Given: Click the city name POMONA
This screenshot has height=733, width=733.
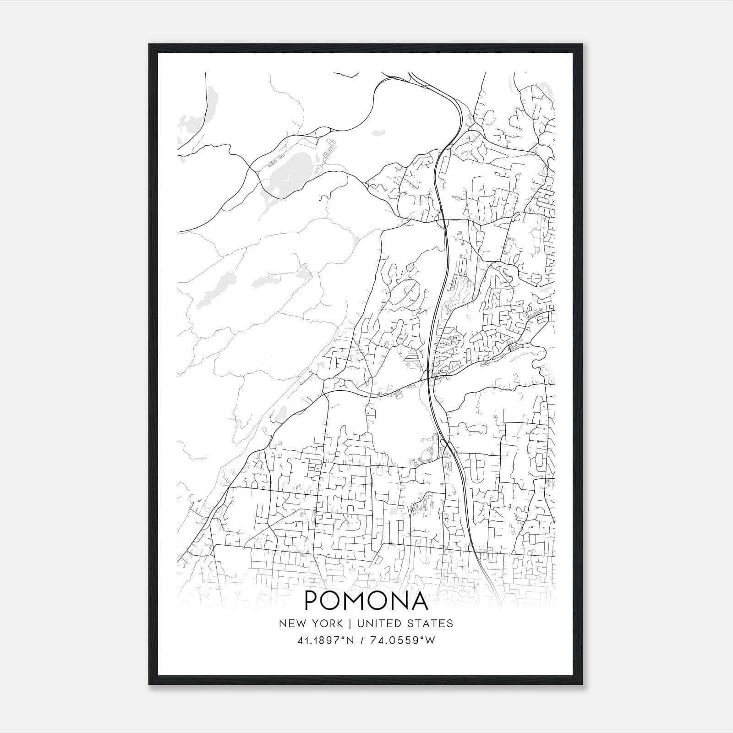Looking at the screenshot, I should pyautogui.click(x=366, y=601).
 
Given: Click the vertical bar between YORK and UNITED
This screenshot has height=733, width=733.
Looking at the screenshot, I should pyautogui.click(x=349, y=624).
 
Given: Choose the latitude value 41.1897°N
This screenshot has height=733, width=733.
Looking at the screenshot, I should pyautogui.click(x=325, y=641).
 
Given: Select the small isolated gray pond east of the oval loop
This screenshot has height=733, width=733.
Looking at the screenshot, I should pyautogui.click(x=378, y=133).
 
